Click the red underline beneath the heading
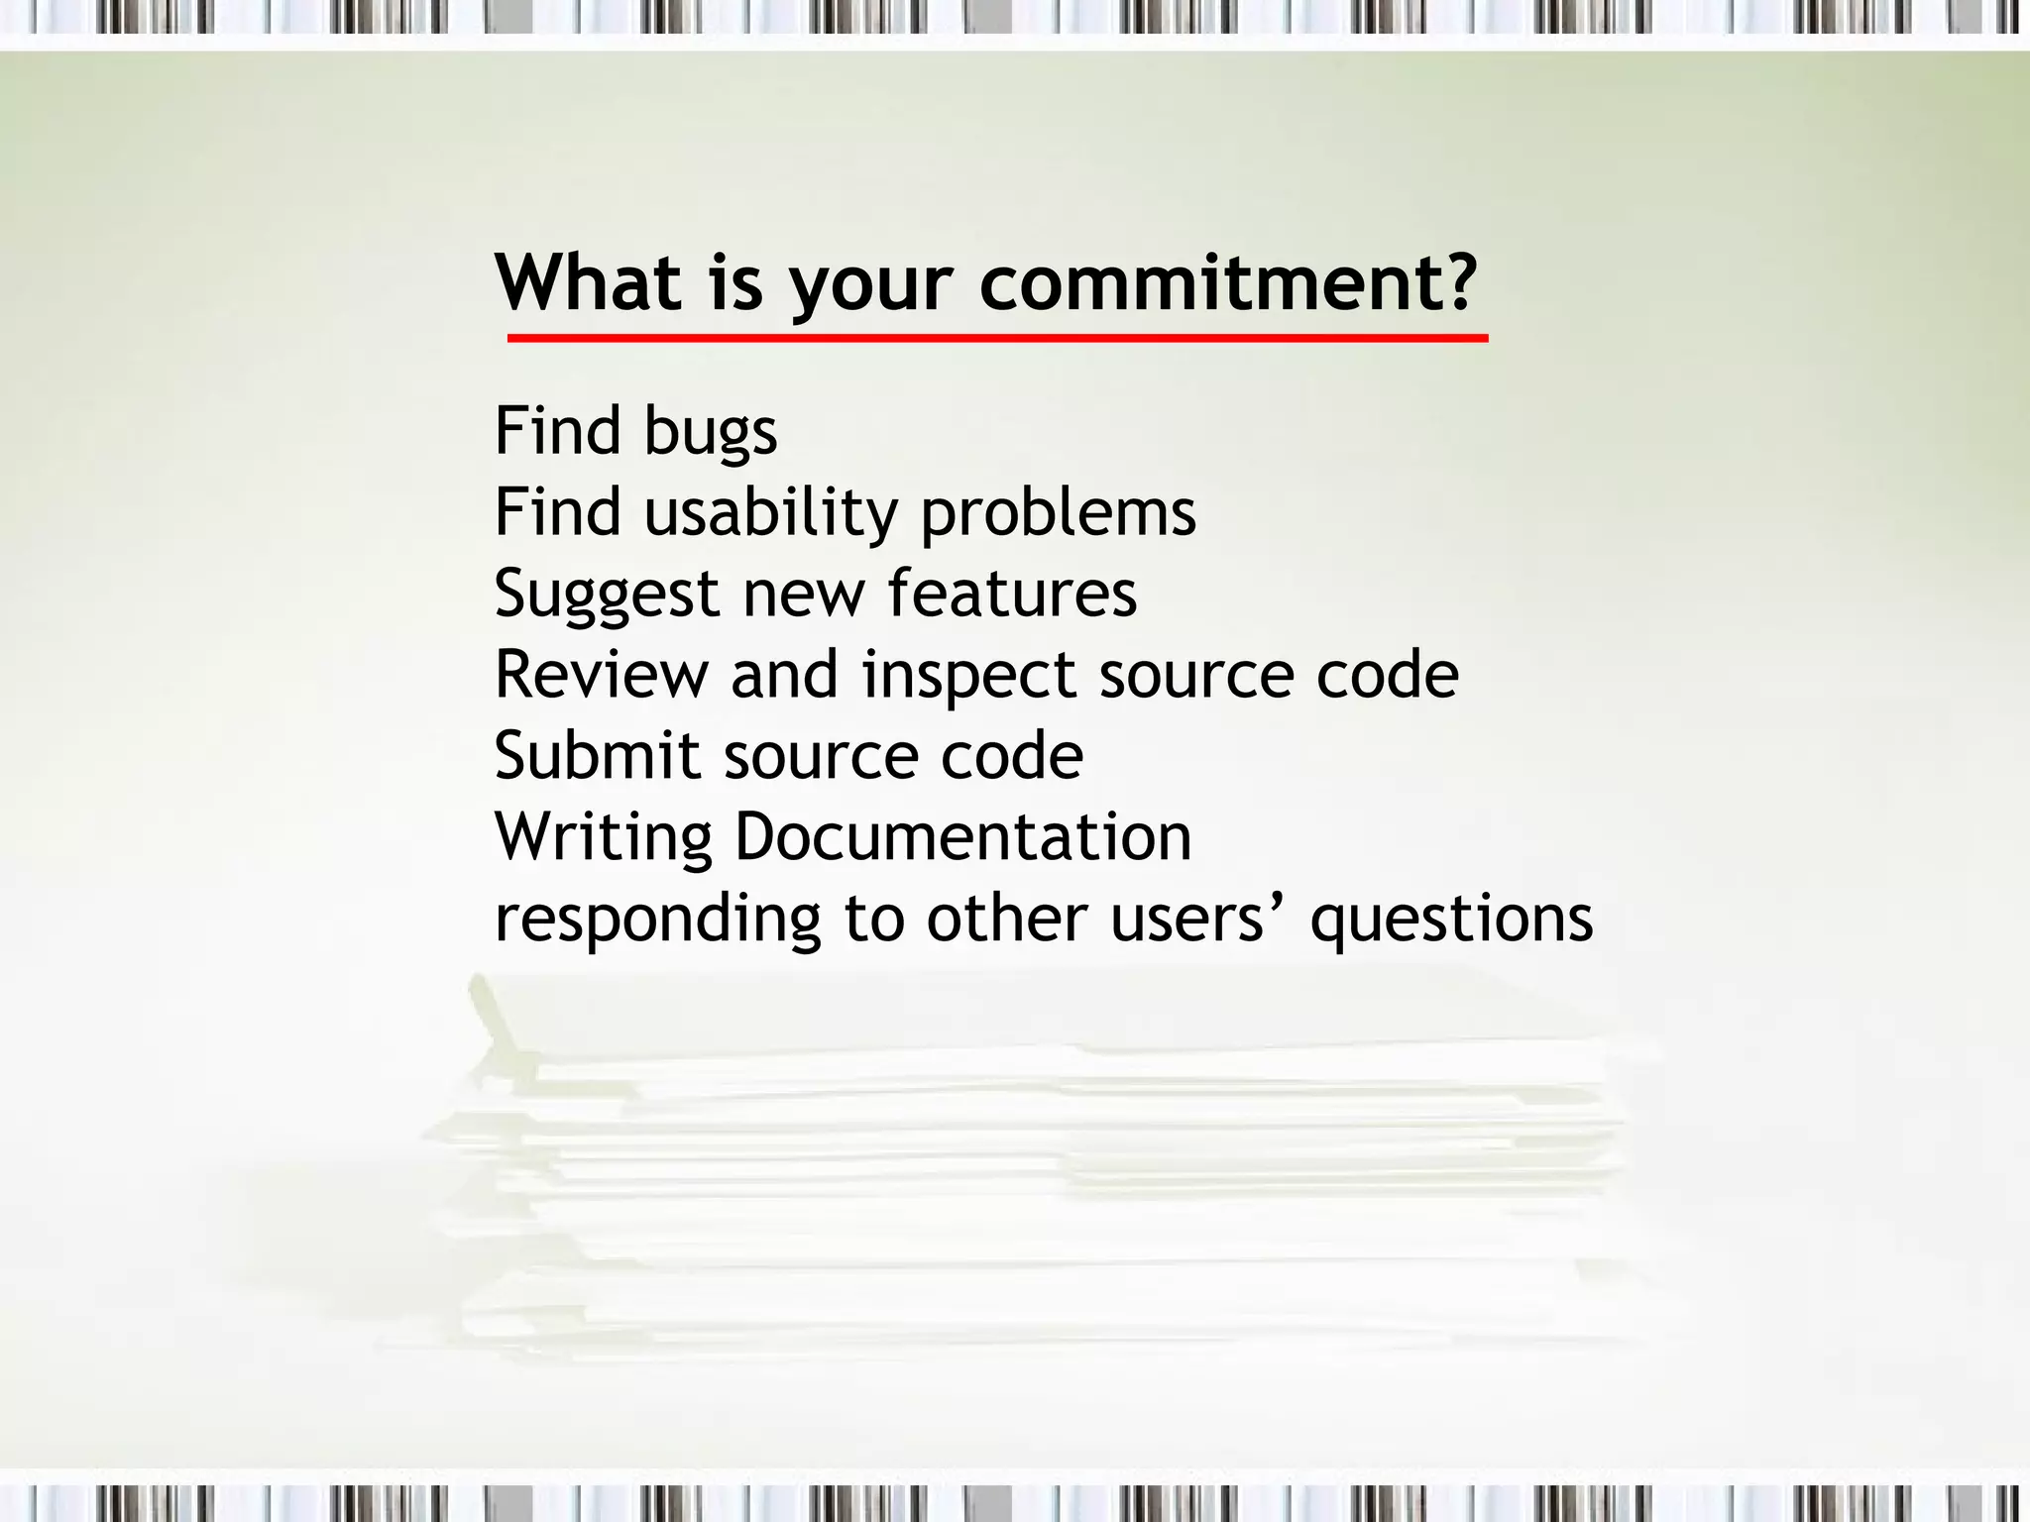click(997, 339)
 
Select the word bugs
click(711, 433)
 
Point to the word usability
click(770, 514)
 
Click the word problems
click(1059, 514)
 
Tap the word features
click(1012, 594)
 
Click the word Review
click(602, 675)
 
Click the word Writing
click(604, 839)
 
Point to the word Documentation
click(962, 837)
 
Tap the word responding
click(658, 921)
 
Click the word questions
click(1451, 921)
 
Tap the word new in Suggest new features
click(803, 596)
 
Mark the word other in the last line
click(1006, 919)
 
